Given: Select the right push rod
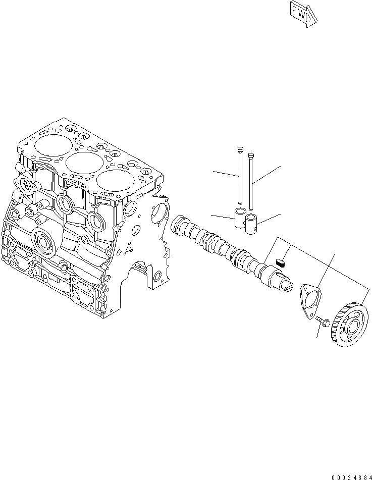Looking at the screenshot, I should click(x=251, y=177).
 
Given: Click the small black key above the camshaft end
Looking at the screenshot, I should click(x=282, y=261).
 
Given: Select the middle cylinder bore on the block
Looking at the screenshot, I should click(x=81, y=163).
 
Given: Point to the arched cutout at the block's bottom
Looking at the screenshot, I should click(x=140, y=273).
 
